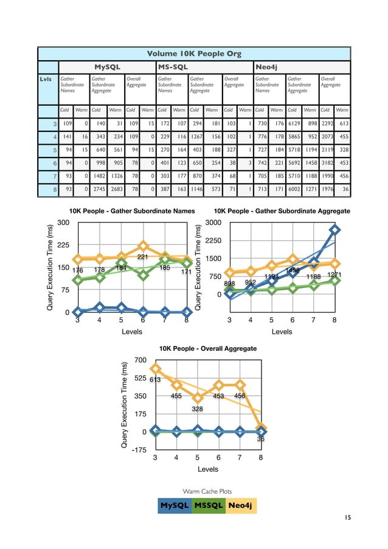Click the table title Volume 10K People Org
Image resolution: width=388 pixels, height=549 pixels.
[x=194, y=53]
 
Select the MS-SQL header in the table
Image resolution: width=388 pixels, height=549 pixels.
[x=173, y=66]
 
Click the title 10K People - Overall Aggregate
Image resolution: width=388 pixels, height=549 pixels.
[x=208, y=348]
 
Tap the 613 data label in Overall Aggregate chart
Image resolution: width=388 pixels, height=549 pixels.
[x=155, y=379]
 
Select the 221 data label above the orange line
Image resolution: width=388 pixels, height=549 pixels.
[x=143, y=258]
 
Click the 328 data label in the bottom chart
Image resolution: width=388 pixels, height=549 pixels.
[x=197, y=409]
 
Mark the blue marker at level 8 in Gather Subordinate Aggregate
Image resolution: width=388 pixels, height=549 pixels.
[x=335, y=230]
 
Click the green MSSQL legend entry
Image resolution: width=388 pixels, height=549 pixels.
[x=208, y=505]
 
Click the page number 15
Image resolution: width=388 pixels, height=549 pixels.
[x=347, y=517]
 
